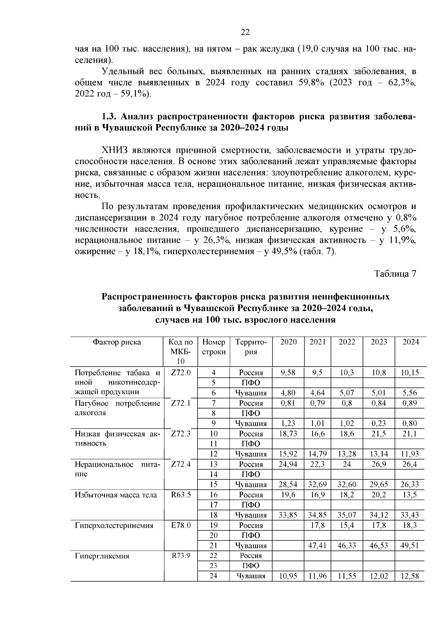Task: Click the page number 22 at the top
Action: click(245, 32)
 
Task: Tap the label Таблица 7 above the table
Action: click(395, 274)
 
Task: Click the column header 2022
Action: click(347, 342)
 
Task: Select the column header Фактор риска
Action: click(117, 342)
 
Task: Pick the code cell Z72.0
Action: click(181, 373)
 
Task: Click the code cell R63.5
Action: click(181, 495)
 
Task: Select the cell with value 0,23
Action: click(379, 423)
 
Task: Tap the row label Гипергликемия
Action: click(102, 556)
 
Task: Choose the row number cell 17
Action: click(214, 505)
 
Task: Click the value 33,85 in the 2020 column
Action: click(288, 515)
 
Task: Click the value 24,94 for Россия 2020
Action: click(288, 464)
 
